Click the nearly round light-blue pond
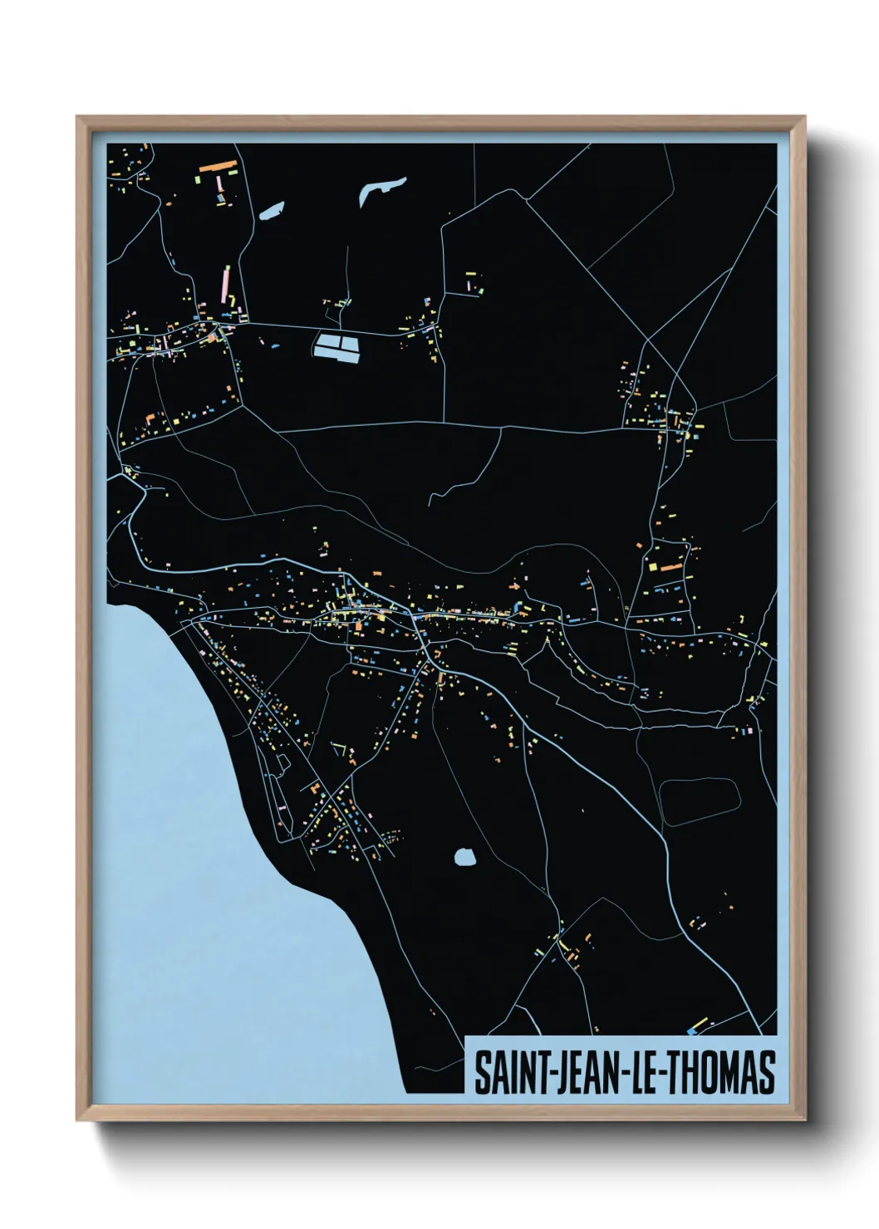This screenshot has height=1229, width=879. coord(465,856)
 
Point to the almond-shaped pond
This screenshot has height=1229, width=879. coord(272,211)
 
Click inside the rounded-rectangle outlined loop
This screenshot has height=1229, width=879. coord(700,801)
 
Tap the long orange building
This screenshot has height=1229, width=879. coord(219,167)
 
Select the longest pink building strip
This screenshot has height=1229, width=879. coord(225,282)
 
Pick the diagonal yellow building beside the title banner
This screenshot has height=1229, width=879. coord(700,1023)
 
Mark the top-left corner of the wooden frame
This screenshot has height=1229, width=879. coord(77,117)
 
